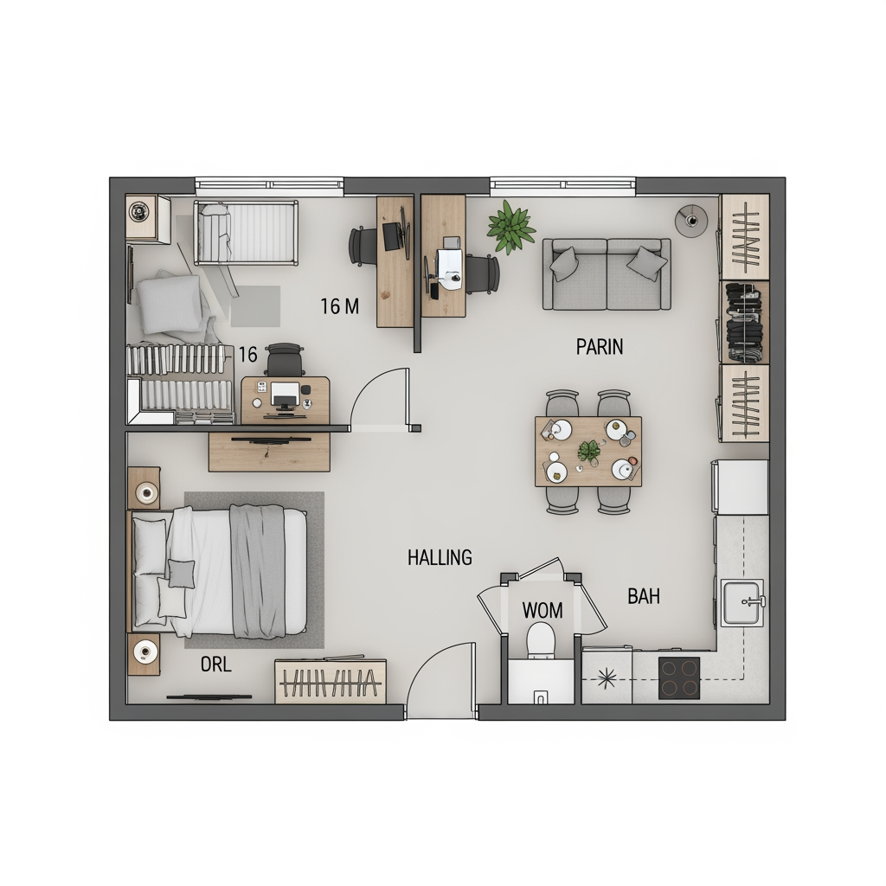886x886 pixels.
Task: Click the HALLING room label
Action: click(440, 558)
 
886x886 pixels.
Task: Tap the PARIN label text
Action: click(600, 346)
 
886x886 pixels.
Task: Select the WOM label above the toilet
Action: click(543, 610)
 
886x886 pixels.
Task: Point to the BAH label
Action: click(644, 596)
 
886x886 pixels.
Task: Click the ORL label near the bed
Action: click(215, 664)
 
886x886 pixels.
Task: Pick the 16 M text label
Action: click(339, 306)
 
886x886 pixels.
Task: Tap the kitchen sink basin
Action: click(742, 603)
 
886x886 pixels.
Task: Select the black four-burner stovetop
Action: click(679, 677)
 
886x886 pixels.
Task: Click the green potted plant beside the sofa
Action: click(510, 228)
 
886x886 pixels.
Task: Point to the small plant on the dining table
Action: click(588, 452)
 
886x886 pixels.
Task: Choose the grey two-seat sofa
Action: click(607, 274)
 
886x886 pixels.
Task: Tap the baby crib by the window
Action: click(246, 232)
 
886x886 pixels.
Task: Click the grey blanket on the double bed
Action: click(258, 571)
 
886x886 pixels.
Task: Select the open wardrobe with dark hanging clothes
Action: click(745, 322)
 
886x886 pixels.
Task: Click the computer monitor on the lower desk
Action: click(286, 394)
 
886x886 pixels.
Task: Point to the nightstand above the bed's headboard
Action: click(144, 488)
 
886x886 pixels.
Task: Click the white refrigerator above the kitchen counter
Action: click(741, 486)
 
